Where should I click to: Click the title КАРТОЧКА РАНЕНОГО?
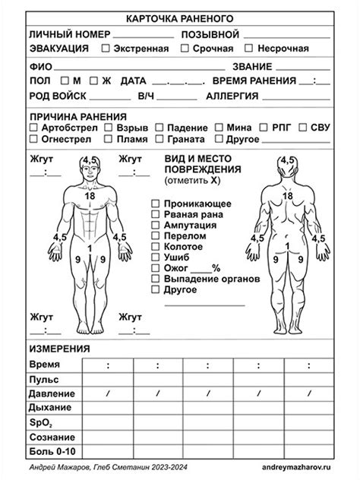179,18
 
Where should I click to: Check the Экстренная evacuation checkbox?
106,49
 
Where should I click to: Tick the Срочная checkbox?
185,49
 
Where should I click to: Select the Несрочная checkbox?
251,49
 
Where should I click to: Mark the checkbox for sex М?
65,81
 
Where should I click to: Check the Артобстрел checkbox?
33,128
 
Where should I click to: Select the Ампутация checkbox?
155,226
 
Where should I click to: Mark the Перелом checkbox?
155,236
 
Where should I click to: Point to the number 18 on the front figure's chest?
90,196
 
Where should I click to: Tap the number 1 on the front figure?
90,248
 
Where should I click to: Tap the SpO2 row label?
39,423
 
